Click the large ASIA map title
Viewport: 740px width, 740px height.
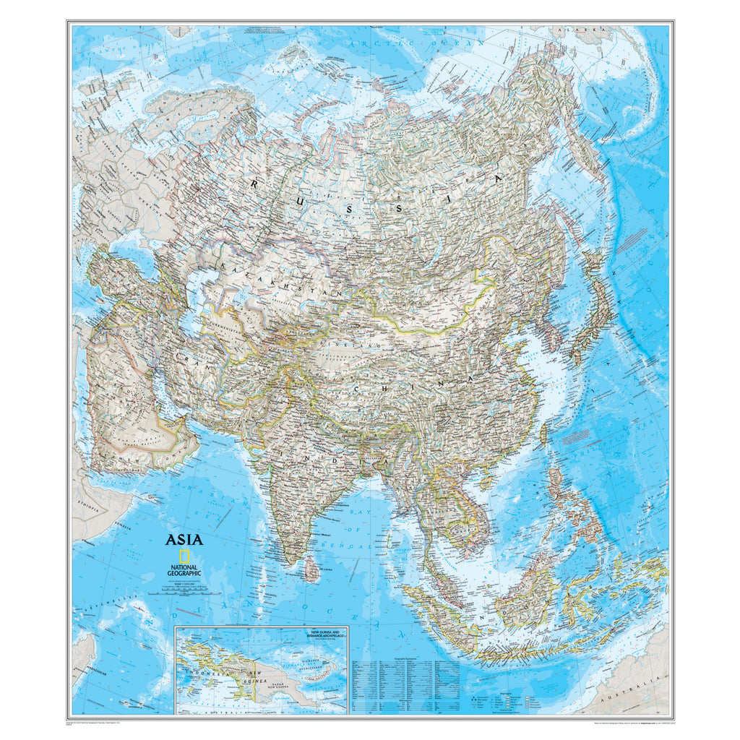pyautogui.click(x=184, y=539)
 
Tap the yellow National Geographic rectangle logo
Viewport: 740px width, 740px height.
pyautogui.click(x=185, y=556)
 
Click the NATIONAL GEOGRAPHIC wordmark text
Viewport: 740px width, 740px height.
pyautogui.click(x=184, y=570)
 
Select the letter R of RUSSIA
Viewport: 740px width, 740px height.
pyautogui.click(x=254, y=184)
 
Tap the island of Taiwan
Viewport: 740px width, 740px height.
pyautogui.click(x=543, y=432)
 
